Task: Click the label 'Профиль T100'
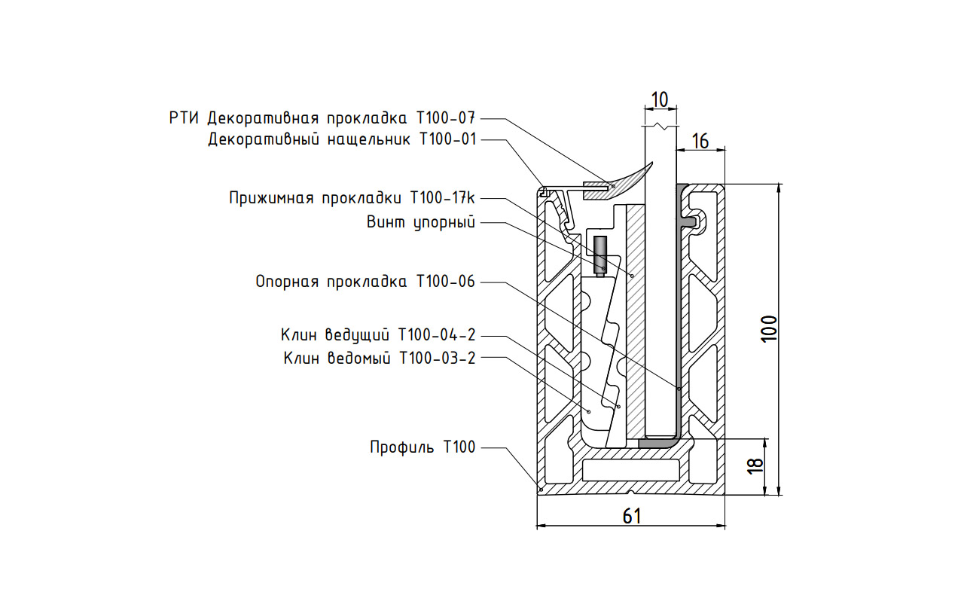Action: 423,447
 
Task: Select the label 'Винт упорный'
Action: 422,222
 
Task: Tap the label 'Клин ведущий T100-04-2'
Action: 378,334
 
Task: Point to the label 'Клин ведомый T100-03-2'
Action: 380,358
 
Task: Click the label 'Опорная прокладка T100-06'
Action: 365,282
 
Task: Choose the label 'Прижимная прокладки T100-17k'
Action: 352,198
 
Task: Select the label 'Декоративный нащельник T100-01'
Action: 342,139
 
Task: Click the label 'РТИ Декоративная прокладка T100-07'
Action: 323,118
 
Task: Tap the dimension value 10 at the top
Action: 659,99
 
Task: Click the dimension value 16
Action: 700,141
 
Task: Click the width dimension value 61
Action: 631,516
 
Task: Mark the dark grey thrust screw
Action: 600,255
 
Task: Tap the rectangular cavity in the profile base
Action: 631,471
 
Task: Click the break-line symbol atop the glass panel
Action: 660,126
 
